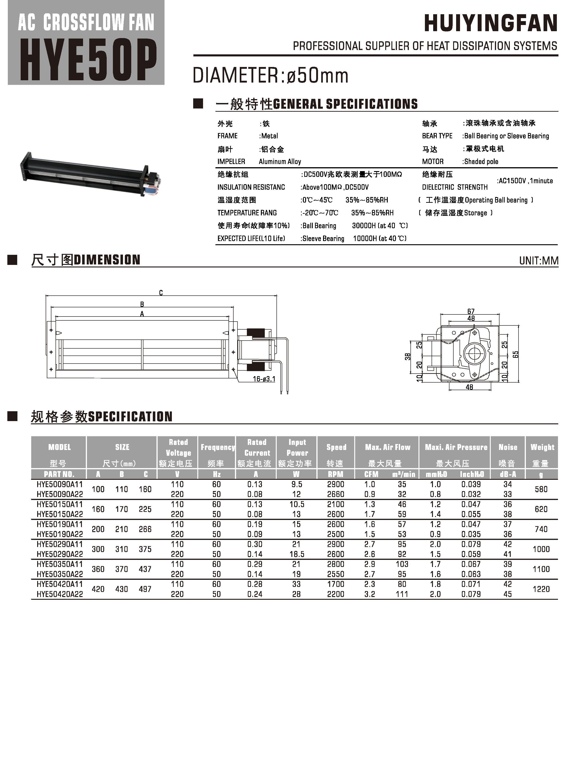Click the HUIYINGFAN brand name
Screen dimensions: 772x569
coord(491,23)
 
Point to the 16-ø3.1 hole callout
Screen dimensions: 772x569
coord(264,379)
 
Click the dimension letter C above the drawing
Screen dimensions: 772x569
coord(161,293)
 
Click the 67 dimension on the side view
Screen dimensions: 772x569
coord(471,311)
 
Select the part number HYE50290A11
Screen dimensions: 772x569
coord(60,544)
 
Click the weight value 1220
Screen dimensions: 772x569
coord(541,589)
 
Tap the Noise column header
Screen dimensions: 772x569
coord(508,447)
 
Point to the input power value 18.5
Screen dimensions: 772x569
coord(297,554)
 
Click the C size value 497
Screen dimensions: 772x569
coord(145,589)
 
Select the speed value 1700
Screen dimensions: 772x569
coord(335,584)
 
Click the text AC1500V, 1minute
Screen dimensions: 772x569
coord(525,181)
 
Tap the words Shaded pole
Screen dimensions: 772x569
coord(481,161)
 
